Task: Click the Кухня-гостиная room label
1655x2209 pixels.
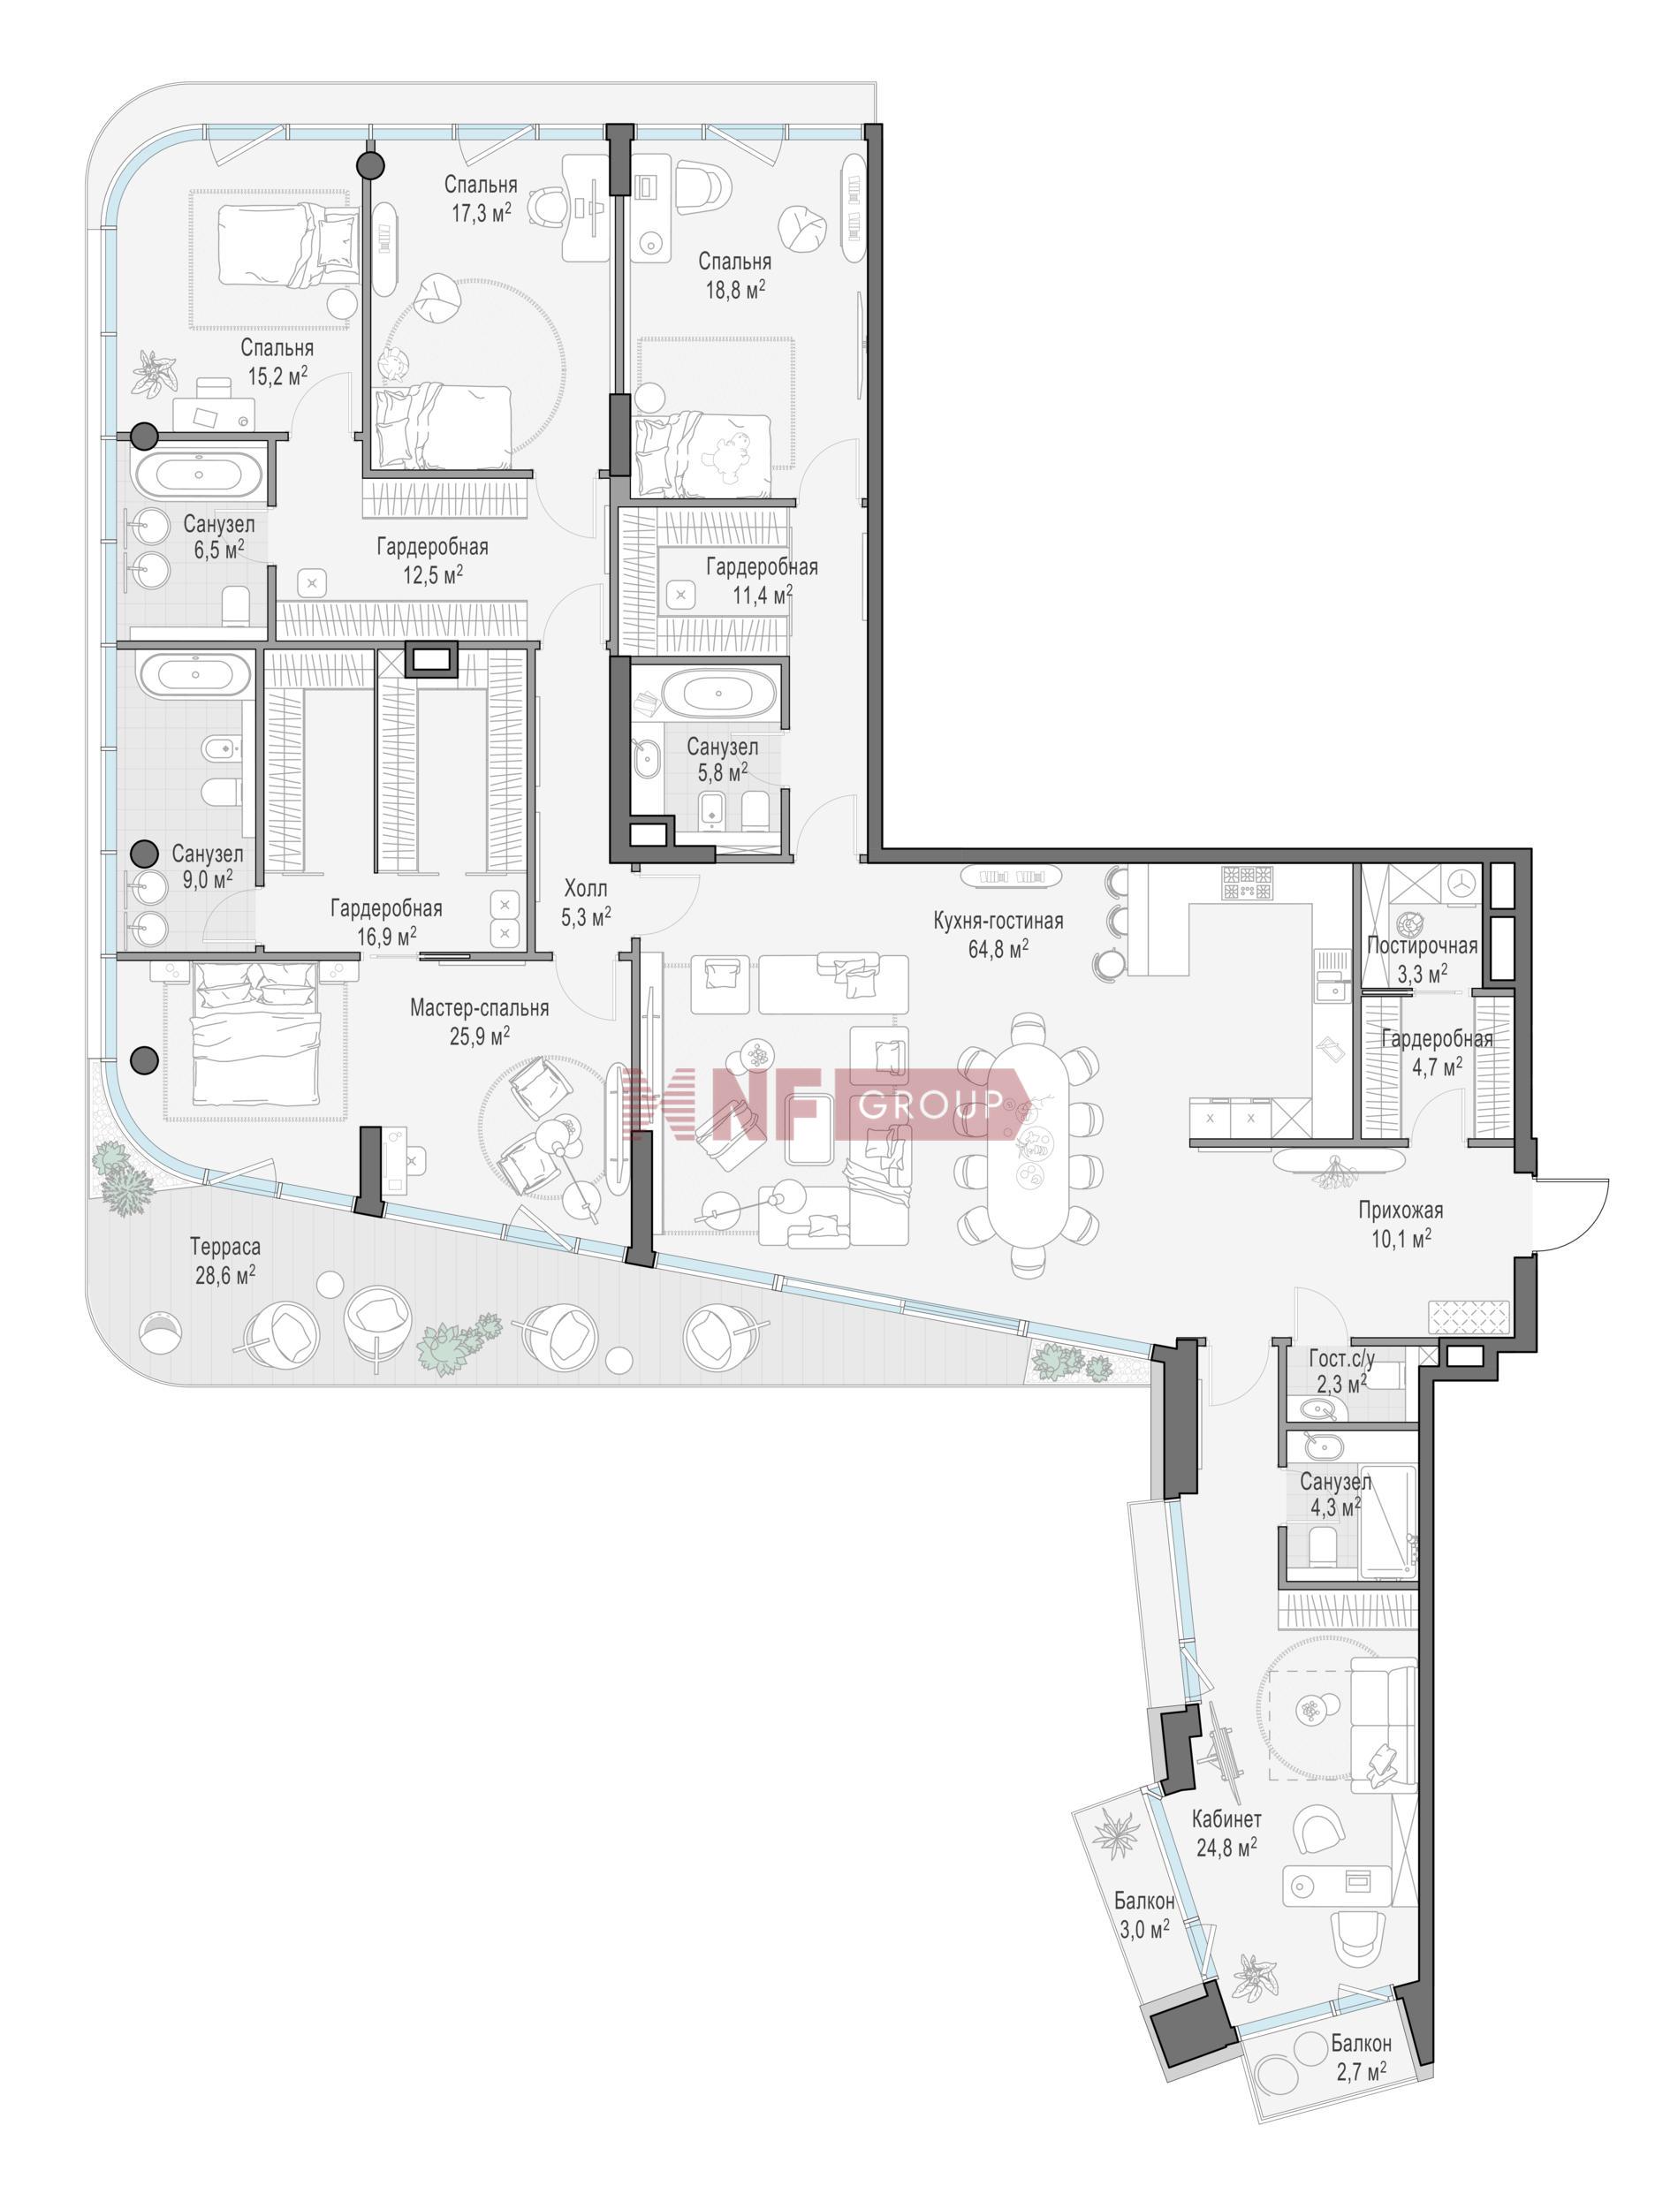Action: pyautogui.click(x=998, y=920)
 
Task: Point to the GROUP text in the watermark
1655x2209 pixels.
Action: pyautogui.click(x=930, y=1104)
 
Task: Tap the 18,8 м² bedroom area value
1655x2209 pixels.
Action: pyautogui.click(x=734, y=290)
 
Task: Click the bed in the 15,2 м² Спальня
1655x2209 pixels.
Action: pyautogui.click(x=288, y=244)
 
